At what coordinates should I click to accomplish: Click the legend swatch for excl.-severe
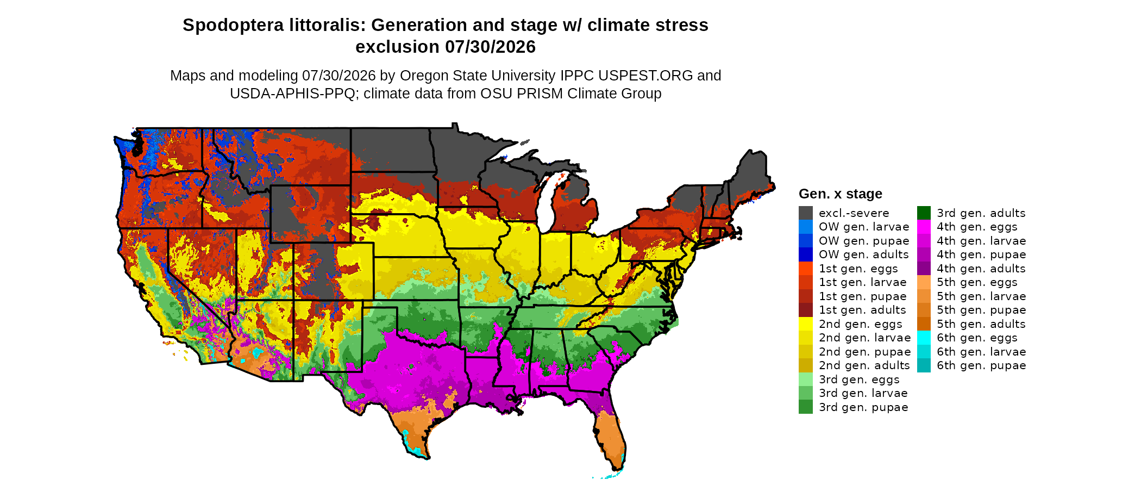(x=805, y=213)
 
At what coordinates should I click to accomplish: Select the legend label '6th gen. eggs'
(x=977, y=338)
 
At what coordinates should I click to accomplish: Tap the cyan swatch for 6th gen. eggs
(x=924, y=338)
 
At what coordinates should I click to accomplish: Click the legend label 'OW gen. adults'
(x=864, y=254)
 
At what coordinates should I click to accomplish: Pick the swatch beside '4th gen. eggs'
(x=924, y=227)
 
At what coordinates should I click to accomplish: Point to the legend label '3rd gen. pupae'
(x=863, y=407)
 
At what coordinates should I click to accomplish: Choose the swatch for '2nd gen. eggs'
(x=805, y=324)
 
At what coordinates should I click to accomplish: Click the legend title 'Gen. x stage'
(x=840, y=194)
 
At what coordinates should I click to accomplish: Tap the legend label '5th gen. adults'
(x=981, y=324)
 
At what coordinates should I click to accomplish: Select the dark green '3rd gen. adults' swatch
(x=924, y=213)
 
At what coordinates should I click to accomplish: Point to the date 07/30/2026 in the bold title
(x=490, y=47)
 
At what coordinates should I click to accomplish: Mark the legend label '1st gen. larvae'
(x=863, y=282)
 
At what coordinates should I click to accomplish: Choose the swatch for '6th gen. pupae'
(x=924, y=365)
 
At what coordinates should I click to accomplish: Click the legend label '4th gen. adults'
(x=981, y=269)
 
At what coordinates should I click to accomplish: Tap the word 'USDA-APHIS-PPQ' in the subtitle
(x=292, y=94)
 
